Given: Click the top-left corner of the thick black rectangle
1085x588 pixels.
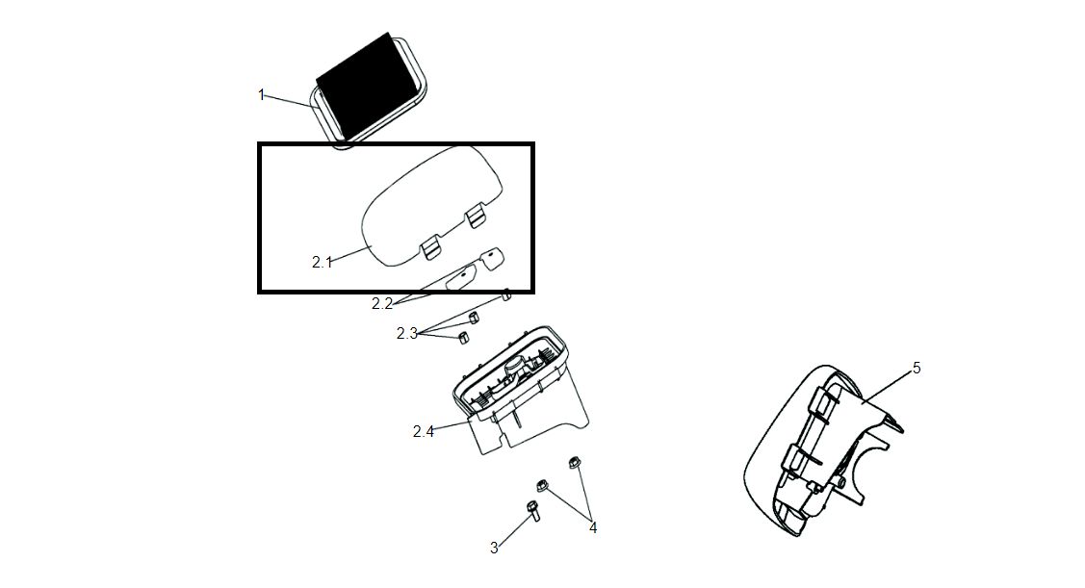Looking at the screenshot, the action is [257, 142].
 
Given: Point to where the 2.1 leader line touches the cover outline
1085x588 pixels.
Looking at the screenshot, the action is [372, 246].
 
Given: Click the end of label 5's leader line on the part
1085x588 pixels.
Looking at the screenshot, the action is [863, 401].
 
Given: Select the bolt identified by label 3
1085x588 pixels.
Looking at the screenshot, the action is [533, 510].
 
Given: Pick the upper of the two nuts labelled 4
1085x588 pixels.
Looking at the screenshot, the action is [574, 461].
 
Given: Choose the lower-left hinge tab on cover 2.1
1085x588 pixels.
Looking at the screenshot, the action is [430, 248].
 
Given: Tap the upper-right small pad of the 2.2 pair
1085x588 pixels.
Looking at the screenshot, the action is [492, 257].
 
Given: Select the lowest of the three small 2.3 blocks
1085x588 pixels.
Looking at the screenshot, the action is [462, 337].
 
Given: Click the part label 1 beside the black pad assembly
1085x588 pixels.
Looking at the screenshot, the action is [262, 94].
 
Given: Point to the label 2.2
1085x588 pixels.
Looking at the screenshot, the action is [382, 304].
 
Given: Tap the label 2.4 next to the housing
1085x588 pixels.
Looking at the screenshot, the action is [424, 432].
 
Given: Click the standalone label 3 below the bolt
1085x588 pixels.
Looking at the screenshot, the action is [494, 548].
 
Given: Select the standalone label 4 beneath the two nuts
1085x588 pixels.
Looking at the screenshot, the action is [593, 527].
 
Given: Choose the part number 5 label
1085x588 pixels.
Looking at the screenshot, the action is [917, 368].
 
